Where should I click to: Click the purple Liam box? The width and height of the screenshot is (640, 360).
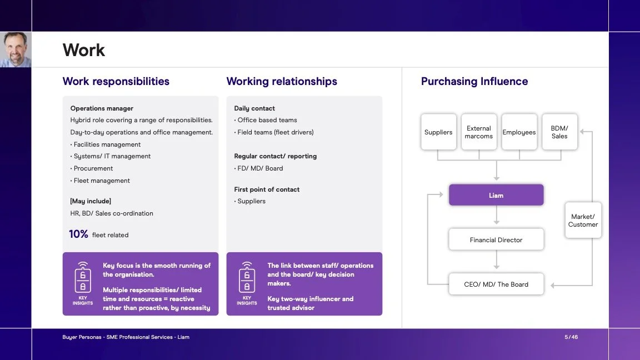point(496,194)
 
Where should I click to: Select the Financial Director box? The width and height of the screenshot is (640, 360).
point(496,239)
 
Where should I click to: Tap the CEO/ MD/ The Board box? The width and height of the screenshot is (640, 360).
point(496,284)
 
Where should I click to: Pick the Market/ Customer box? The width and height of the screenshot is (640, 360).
point(583,220)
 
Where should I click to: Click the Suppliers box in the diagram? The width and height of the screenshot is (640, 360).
point(438,132)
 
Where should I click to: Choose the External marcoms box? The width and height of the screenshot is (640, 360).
point(479,132)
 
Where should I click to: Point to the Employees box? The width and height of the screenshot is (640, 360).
point(519,132)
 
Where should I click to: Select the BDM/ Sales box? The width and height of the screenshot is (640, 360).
point(559,132)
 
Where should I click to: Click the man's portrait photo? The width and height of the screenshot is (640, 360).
point(16,49)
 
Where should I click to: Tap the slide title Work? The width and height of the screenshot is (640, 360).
point(84,50)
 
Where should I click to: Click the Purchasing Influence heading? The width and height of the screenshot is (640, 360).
point(474,81)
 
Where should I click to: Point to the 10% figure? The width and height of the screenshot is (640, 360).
point(78,234)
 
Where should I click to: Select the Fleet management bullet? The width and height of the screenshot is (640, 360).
point(100,181)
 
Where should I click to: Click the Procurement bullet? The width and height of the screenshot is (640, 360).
point(92,168)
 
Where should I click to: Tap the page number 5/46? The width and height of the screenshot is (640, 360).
point(571,337)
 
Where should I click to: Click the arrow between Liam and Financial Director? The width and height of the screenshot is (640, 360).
point(496,215)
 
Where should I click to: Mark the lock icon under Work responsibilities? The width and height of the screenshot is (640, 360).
point(83,278)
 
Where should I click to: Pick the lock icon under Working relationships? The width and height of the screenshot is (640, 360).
point(247,278)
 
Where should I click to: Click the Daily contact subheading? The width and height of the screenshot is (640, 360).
point(254,108)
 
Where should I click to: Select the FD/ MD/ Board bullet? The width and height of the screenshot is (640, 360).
point(258,168)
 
